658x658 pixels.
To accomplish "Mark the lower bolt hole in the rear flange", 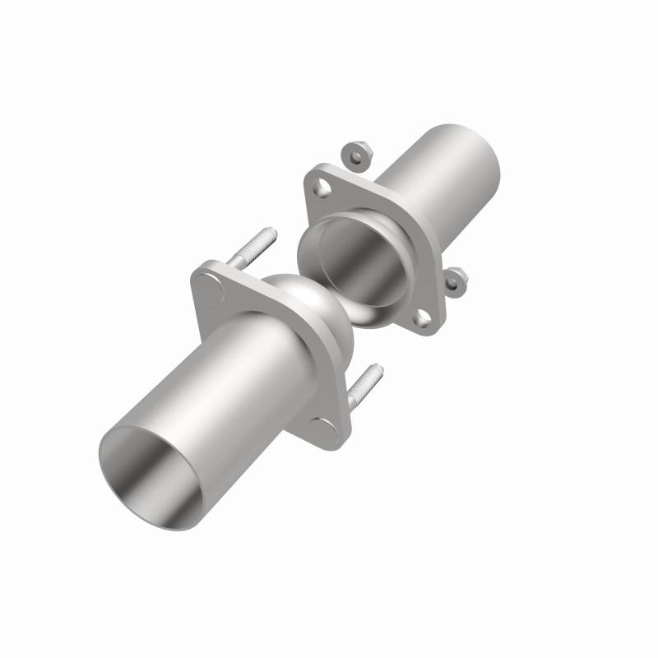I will pyautogui.click(x=422, y=317).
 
